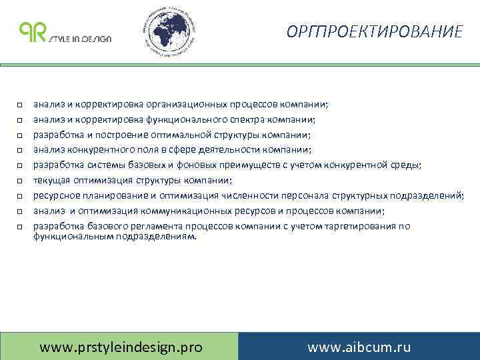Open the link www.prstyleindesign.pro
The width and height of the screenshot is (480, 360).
[121, 347]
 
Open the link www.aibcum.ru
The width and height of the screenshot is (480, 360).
[359, 347]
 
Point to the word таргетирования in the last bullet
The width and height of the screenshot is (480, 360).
[359, 226]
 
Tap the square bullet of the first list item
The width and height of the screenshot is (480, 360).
[21, 105]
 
